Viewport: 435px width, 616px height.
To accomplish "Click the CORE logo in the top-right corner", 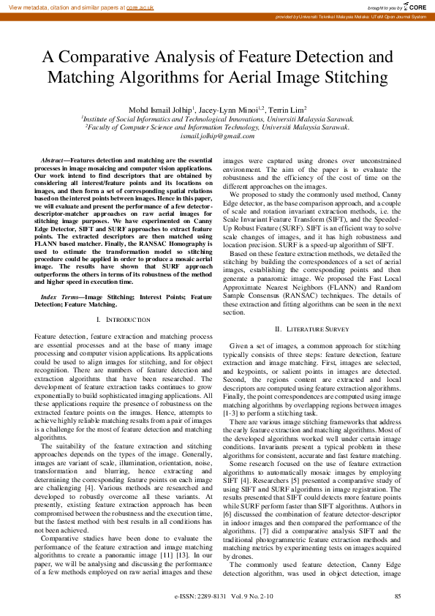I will tap(415, 7).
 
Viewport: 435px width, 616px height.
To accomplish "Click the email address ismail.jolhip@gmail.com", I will tap(216, 136).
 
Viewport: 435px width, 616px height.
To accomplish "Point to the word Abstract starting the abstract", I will tap(51, 159).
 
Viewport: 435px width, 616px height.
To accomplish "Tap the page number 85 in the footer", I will tap(397, 598).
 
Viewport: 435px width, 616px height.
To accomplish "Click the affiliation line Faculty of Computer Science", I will tap(217, 127).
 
